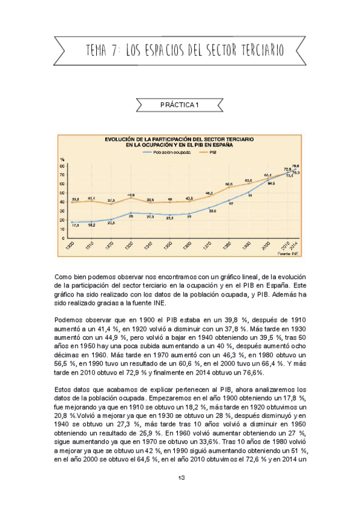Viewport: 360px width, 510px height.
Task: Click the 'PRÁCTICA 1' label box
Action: [x=180, y=105]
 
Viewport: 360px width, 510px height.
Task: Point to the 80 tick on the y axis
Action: [x=63, y=166]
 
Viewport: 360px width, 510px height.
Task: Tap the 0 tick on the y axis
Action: [x=64, y=238]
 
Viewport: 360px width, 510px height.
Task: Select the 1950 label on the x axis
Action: [x=170, y=247]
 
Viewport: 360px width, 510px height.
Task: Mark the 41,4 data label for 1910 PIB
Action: [x=91, y=198]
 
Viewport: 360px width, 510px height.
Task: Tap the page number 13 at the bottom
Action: [x=180, y=478]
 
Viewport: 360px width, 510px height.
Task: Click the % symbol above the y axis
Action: [x=62, y=159]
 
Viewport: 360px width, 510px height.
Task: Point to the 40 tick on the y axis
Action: [x=63, y=202]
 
